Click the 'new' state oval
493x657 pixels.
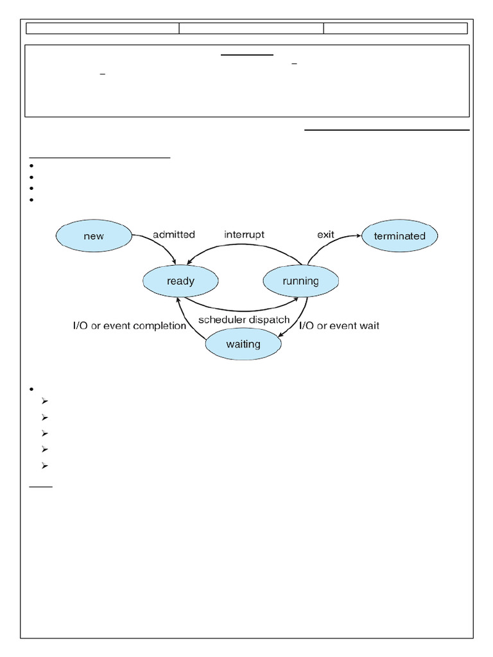(x=94, y=236)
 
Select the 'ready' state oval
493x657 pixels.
(x=180, y=281)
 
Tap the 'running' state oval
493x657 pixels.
(x=301, y=281)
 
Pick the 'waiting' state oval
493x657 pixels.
(x=243, y=344)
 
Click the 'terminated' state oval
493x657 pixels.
(x=399, y=236)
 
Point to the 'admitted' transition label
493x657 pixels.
(x=173, y=235)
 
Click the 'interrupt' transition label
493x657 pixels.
(x=244, y=235)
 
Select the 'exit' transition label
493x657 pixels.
(x=325, y=235)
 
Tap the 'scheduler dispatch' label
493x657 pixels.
(x=244, y=320)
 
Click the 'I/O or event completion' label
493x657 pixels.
(x=129, y=326)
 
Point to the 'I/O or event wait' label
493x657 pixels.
(x=340, y=326)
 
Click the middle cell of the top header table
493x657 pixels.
(x=251, y=28)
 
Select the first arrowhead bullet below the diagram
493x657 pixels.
(x=44, y=402)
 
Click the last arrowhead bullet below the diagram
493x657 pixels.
(x=44, y=466)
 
